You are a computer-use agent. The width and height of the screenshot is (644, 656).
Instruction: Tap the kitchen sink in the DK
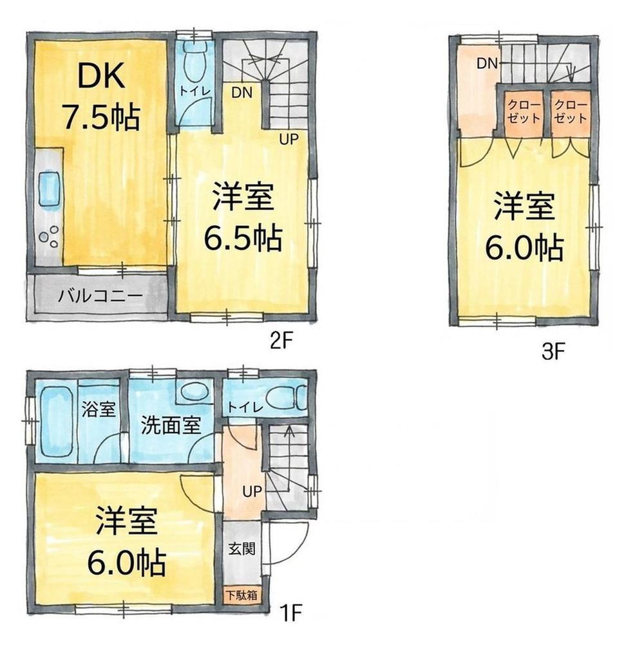click(50, 189)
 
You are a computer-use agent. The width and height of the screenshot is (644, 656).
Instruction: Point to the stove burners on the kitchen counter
click(49, 236)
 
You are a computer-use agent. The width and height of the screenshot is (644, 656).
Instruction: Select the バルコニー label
click(100, 296)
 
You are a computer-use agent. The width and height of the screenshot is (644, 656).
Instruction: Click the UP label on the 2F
click(289, 139)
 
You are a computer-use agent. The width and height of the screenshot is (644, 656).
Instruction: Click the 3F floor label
click(554, 352)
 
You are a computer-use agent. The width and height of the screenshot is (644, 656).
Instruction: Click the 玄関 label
click(242, 548)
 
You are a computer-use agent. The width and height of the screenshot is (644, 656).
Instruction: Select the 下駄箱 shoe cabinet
click(242, 594)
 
